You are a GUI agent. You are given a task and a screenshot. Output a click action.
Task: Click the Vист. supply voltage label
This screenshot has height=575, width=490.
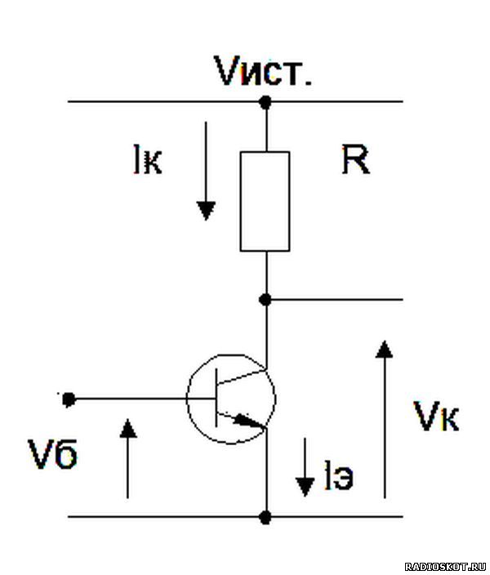point(263,72)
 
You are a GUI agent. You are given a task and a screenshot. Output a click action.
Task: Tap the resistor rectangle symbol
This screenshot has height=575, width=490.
point(265,201)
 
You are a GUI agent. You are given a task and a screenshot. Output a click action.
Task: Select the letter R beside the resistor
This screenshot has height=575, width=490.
point(356,159)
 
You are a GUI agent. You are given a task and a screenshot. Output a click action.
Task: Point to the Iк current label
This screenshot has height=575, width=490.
point(148,159)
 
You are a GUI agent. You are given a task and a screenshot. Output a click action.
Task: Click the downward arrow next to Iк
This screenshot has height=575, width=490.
point(206,171)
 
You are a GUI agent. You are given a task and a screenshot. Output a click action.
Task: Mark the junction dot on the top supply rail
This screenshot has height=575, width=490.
point(265,101)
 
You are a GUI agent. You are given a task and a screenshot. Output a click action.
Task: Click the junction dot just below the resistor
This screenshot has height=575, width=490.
point(265,300)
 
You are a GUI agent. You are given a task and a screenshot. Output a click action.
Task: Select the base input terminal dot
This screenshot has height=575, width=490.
point(69,399)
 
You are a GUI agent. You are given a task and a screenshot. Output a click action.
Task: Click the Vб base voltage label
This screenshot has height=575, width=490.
point(53,453)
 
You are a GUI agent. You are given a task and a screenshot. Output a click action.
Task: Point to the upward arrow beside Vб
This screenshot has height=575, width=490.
point(128,458)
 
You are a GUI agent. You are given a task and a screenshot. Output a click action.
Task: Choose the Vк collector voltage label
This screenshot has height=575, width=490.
point(436,417)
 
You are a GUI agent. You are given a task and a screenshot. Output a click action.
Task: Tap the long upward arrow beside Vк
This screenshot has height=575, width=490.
point(385,419)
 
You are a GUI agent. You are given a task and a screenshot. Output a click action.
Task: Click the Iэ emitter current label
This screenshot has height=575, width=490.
point(339,475)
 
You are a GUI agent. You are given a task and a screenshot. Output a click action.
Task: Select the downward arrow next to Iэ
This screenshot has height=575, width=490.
point(305,467)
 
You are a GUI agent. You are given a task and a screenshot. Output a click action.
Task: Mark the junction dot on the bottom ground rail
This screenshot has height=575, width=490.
point(265,517)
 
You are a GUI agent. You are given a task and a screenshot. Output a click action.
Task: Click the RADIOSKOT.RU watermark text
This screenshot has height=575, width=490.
point(446,567)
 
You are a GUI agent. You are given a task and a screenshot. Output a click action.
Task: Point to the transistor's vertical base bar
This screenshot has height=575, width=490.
point(216,399)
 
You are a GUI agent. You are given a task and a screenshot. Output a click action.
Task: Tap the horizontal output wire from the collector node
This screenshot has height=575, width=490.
point(335,300)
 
